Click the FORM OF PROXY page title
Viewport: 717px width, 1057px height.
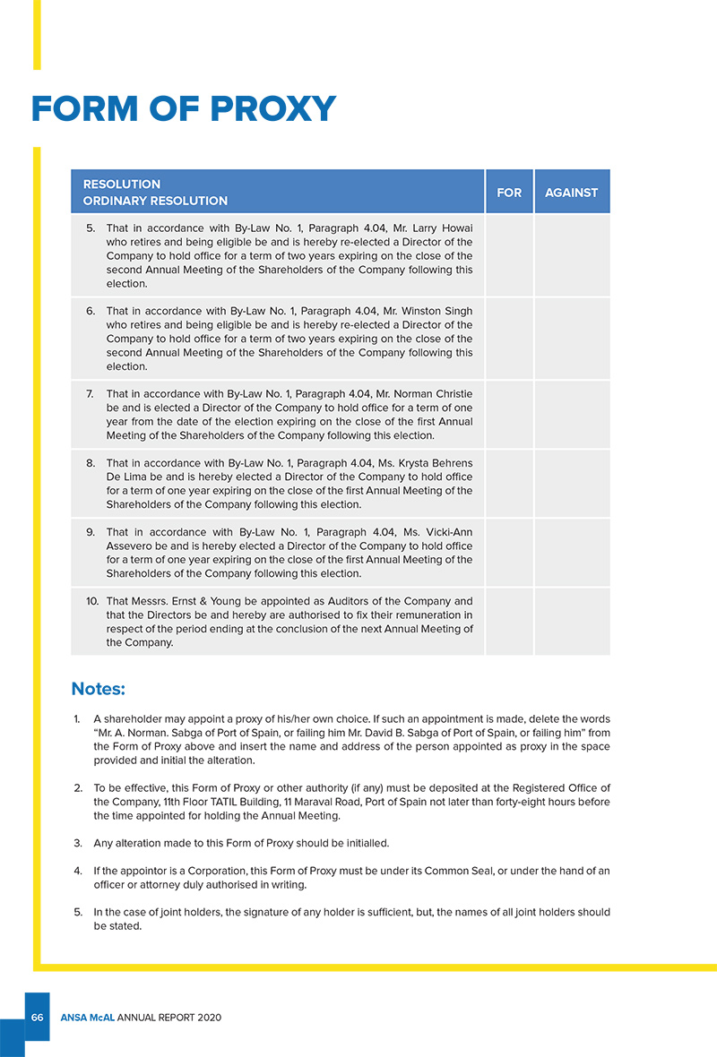coord(183,109)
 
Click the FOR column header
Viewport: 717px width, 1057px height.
coord(509,193)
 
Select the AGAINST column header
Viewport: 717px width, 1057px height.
coord(572,193)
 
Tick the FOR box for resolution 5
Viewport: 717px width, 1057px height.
coord(509,255)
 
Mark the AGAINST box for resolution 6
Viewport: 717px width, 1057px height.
coord(572,339)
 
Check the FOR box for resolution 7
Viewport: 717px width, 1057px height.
coord(509,415)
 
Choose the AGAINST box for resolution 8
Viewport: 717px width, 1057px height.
coord(572,484)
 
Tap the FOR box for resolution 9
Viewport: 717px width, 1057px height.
coord(509,553)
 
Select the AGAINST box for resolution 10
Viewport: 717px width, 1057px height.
coord(572,622)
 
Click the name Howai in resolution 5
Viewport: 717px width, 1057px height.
coord(456,228)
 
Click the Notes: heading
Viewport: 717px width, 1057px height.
coord(98,689)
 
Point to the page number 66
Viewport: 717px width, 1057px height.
coord(38,1018)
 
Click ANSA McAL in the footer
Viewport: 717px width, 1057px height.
coord(87,1018)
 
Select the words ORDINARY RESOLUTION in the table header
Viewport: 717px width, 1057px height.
coord(155,201)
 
